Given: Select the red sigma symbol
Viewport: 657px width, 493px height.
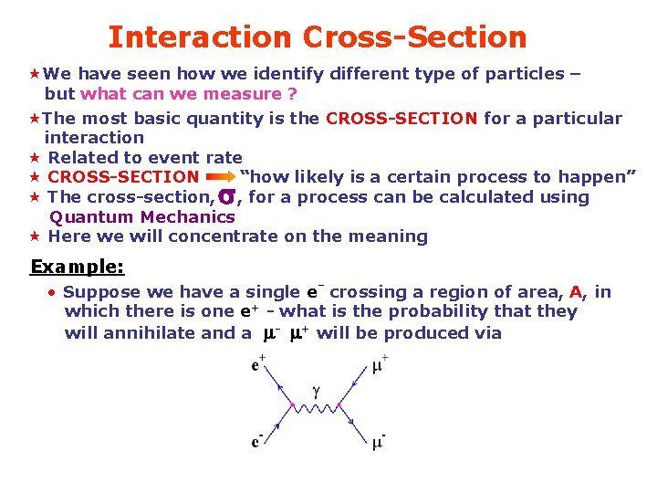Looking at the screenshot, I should tap(227, 196).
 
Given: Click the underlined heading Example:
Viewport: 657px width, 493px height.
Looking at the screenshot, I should tap(78, 267).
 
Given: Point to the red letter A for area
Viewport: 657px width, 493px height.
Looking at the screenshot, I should tap(575, 292).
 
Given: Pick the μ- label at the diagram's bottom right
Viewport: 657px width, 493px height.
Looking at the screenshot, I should tap(379, 443).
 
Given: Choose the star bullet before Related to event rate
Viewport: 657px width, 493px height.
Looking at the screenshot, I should tap(32, 158).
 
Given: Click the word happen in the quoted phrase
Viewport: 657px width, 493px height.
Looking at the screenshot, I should tap(593, 177).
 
